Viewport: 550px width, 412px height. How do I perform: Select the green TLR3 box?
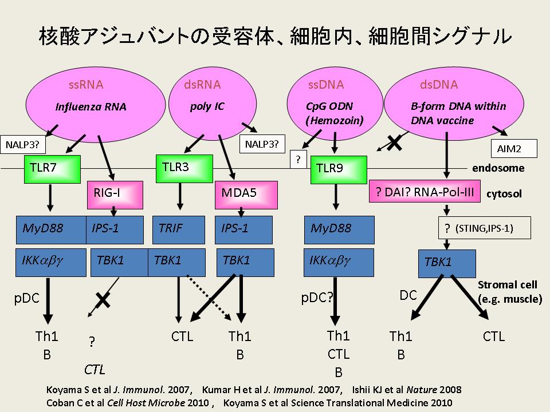pos(180,167)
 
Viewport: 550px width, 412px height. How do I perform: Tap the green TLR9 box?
pos(337,170)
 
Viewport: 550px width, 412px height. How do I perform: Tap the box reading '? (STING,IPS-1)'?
pos(484,228)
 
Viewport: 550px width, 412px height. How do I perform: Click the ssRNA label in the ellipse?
pos(86,85)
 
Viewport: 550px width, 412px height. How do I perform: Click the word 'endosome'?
pos(498,168)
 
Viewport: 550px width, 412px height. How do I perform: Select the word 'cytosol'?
pos(504,194)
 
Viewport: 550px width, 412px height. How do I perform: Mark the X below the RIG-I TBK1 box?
pos(103,298)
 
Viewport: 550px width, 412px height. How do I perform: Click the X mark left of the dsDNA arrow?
pos(394,143)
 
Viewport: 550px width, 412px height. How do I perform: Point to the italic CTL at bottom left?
pos(95,369)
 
